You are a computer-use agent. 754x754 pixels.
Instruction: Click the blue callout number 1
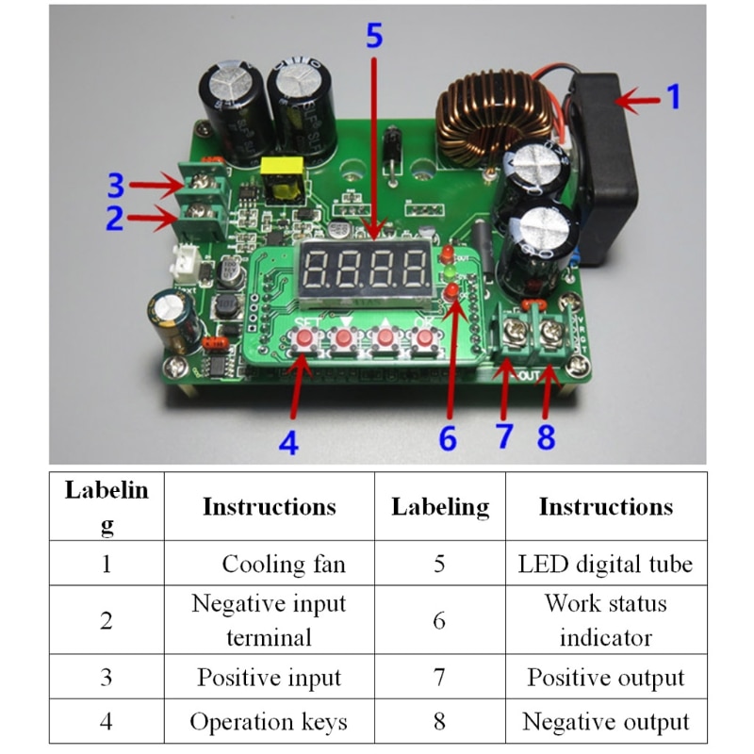coord(673,97)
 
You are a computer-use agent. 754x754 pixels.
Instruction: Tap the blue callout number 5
coord(374,37)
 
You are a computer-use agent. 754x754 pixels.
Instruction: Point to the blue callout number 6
coord(448,437)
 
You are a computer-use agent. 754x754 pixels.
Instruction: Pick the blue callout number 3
coord(114,181)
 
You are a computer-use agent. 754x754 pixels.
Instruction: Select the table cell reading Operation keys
coord(269,722)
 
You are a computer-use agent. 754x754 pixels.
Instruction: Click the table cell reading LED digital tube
coord(605,564)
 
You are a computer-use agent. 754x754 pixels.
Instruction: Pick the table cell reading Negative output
coord(605,722)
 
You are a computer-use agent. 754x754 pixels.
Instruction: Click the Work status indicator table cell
coord(605,620)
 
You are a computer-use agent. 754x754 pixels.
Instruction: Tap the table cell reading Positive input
coord(269,678)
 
